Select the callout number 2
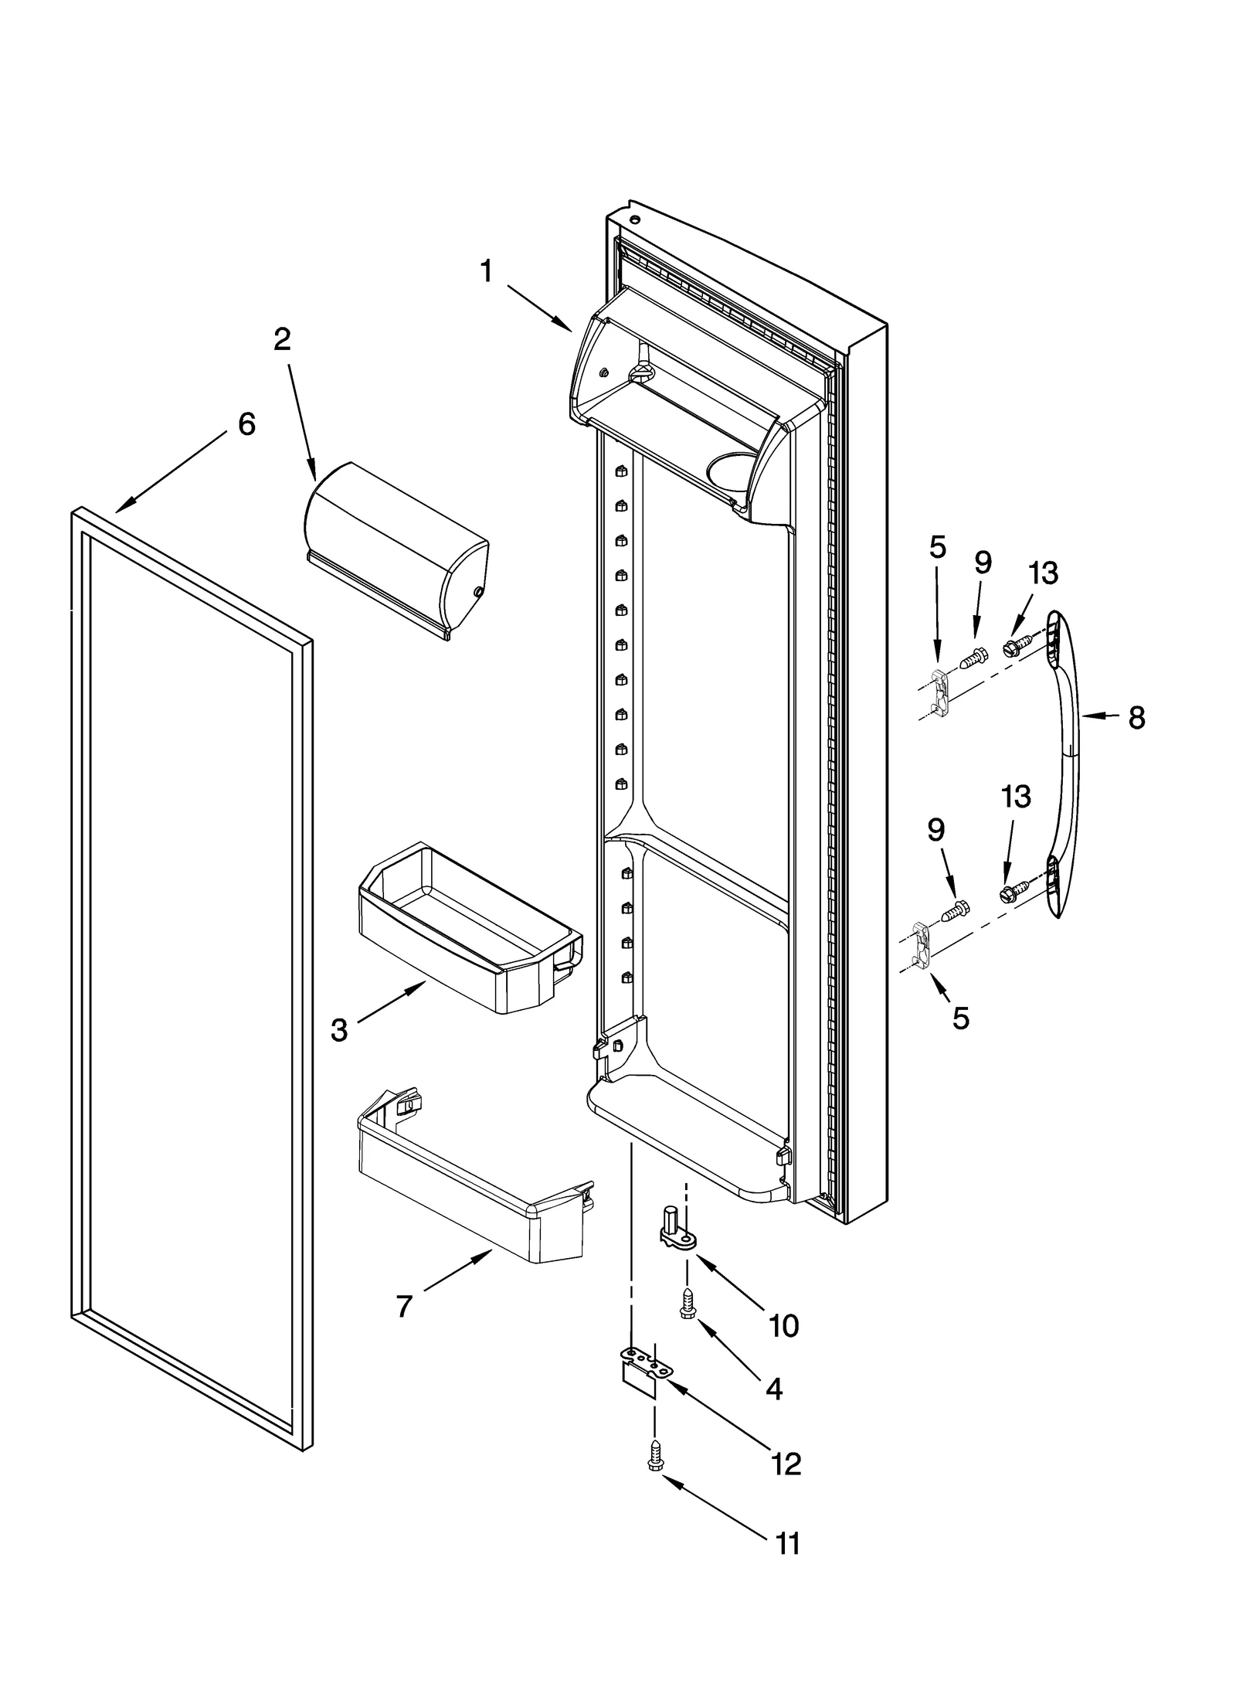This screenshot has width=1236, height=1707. click(283, 339)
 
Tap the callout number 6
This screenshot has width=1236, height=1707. click(246, 423)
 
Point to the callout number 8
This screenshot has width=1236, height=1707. click(1136, 718)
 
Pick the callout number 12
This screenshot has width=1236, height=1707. click(786, 1463)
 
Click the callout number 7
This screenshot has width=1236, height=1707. click(403, 1306)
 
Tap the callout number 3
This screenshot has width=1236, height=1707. click(338, 1030)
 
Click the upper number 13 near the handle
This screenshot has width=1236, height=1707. click(1042, 573)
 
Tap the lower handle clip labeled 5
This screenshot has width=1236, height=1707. click(920, 944)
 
